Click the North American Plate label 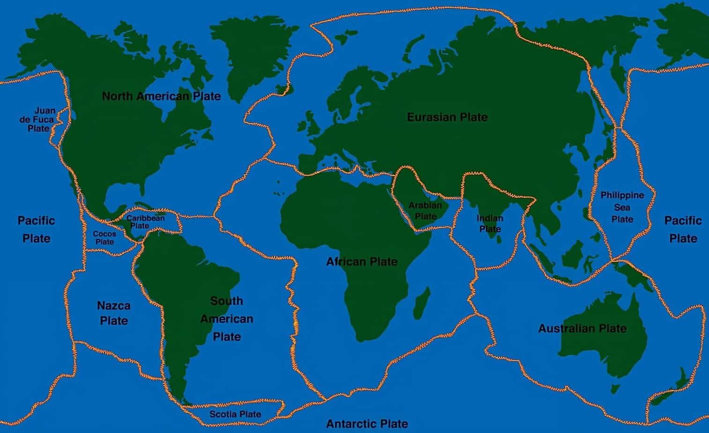(x=161, y=97)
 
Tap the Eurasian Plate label (x=447, y=117)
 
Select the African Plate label (x=362, y=261)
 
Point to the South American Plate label (x=227, y=319)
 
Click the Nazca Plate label (x=113, y=313)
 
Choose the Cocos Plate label (x=104, y=238)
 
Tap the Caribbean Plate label (x=145, y=222)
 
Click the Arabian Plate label (x=425, y=211)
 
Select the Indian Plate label (x=490, y=224)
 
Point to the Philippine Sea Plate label (x=622, y=207)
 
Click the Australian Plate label (x=582, y=328)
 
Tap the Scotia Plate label (x=235, y=414)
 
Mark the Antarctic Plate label (x=367, y=424)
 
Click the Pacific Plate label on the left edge (x=37, y=229)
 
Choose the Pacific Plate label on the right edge (x=683, y=229)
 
